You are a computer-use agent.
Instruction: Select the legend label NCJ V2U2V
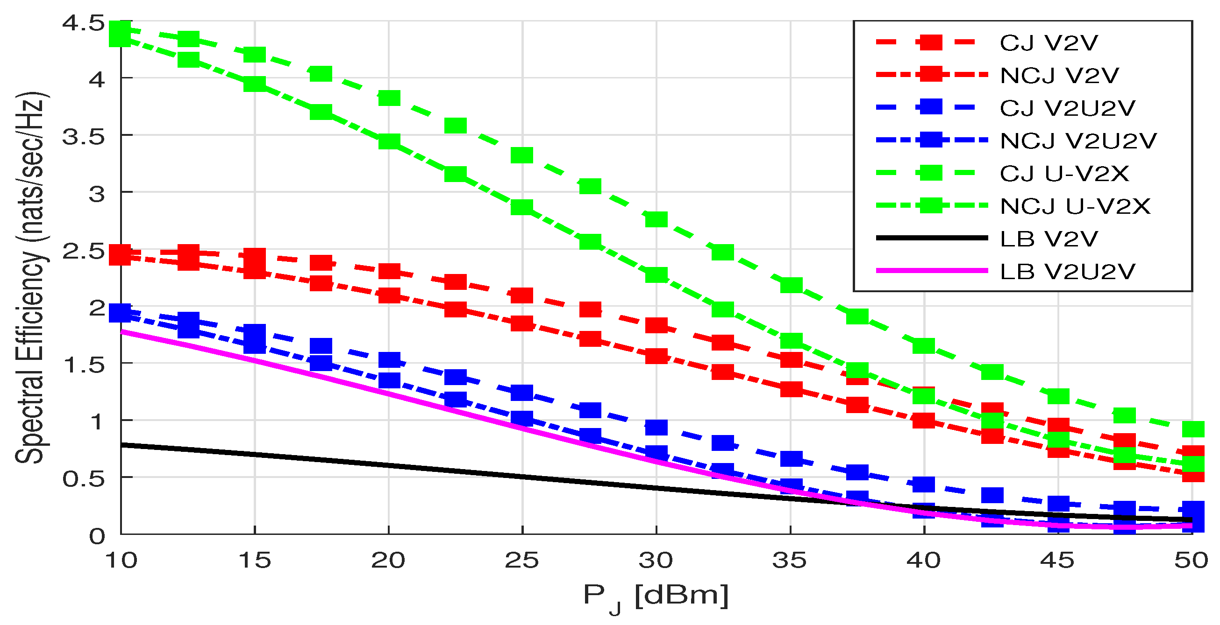(1078, 140)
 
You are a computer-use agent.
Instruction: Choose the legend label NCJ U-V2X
(1075, 206)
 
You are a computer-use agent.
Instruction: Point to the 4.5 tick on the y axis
(83, 23)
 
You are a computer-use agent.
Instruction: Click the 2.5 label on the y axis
(83, 251)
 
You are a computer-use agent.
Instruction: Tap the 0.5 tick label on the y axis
(83, 479)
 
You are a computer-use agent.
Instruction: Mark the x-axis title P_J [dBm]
(656, 596)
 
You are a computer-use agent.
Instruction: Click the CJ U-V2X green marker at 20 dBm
(389, 98)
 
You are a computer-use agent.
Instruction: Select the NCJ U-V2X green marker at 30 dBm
(656, 274)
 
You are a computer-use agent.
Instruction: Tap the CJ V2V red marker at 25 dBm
(522, 296)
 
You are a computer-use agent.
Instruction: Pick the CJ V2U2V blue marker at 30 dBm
(656, 427)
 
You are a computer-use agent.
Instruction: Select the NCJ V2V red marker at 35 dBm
(791, 389)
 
